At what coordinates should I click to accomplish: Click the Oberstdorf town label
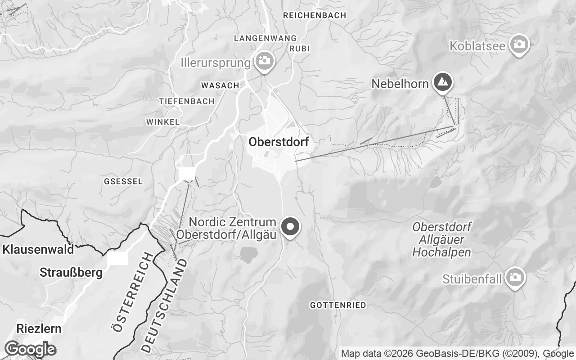click(x=279, y=142)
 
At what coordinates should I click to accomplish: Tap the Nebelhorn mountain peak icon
click(x=443, y=82)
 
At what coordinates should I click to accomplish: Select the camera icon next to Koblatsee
click(x=519, y=44)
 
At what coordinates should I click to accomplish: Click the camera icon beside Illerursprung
click(x=264, y=61)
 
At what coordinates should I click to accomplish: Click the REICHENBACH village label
click(x=315, y=15)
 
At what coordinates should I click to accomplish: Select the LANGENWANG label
click(x=265, y=38)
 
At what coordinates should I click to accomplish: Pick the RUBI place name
click(x=300, y=49)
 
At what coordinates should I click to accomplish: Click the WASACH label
click(x=220, y=85)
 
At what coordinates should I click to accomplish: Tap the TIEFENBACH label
click(x=186, y=101)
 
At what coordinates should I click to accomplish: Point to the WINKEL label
click(x=163, y=122)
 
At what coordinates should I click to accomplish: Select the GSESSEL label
click(x=123, y=181)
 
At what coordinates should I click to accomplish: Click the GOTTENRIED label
click(x=338, y=305)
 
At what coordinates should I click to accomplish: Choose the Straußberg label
click(x=71, y=273)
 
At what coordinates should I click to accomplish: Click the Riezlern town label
click(x=39, y=328)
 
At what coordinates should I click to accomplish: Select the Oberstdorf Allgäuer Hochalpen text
click(x=441, y=239)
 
